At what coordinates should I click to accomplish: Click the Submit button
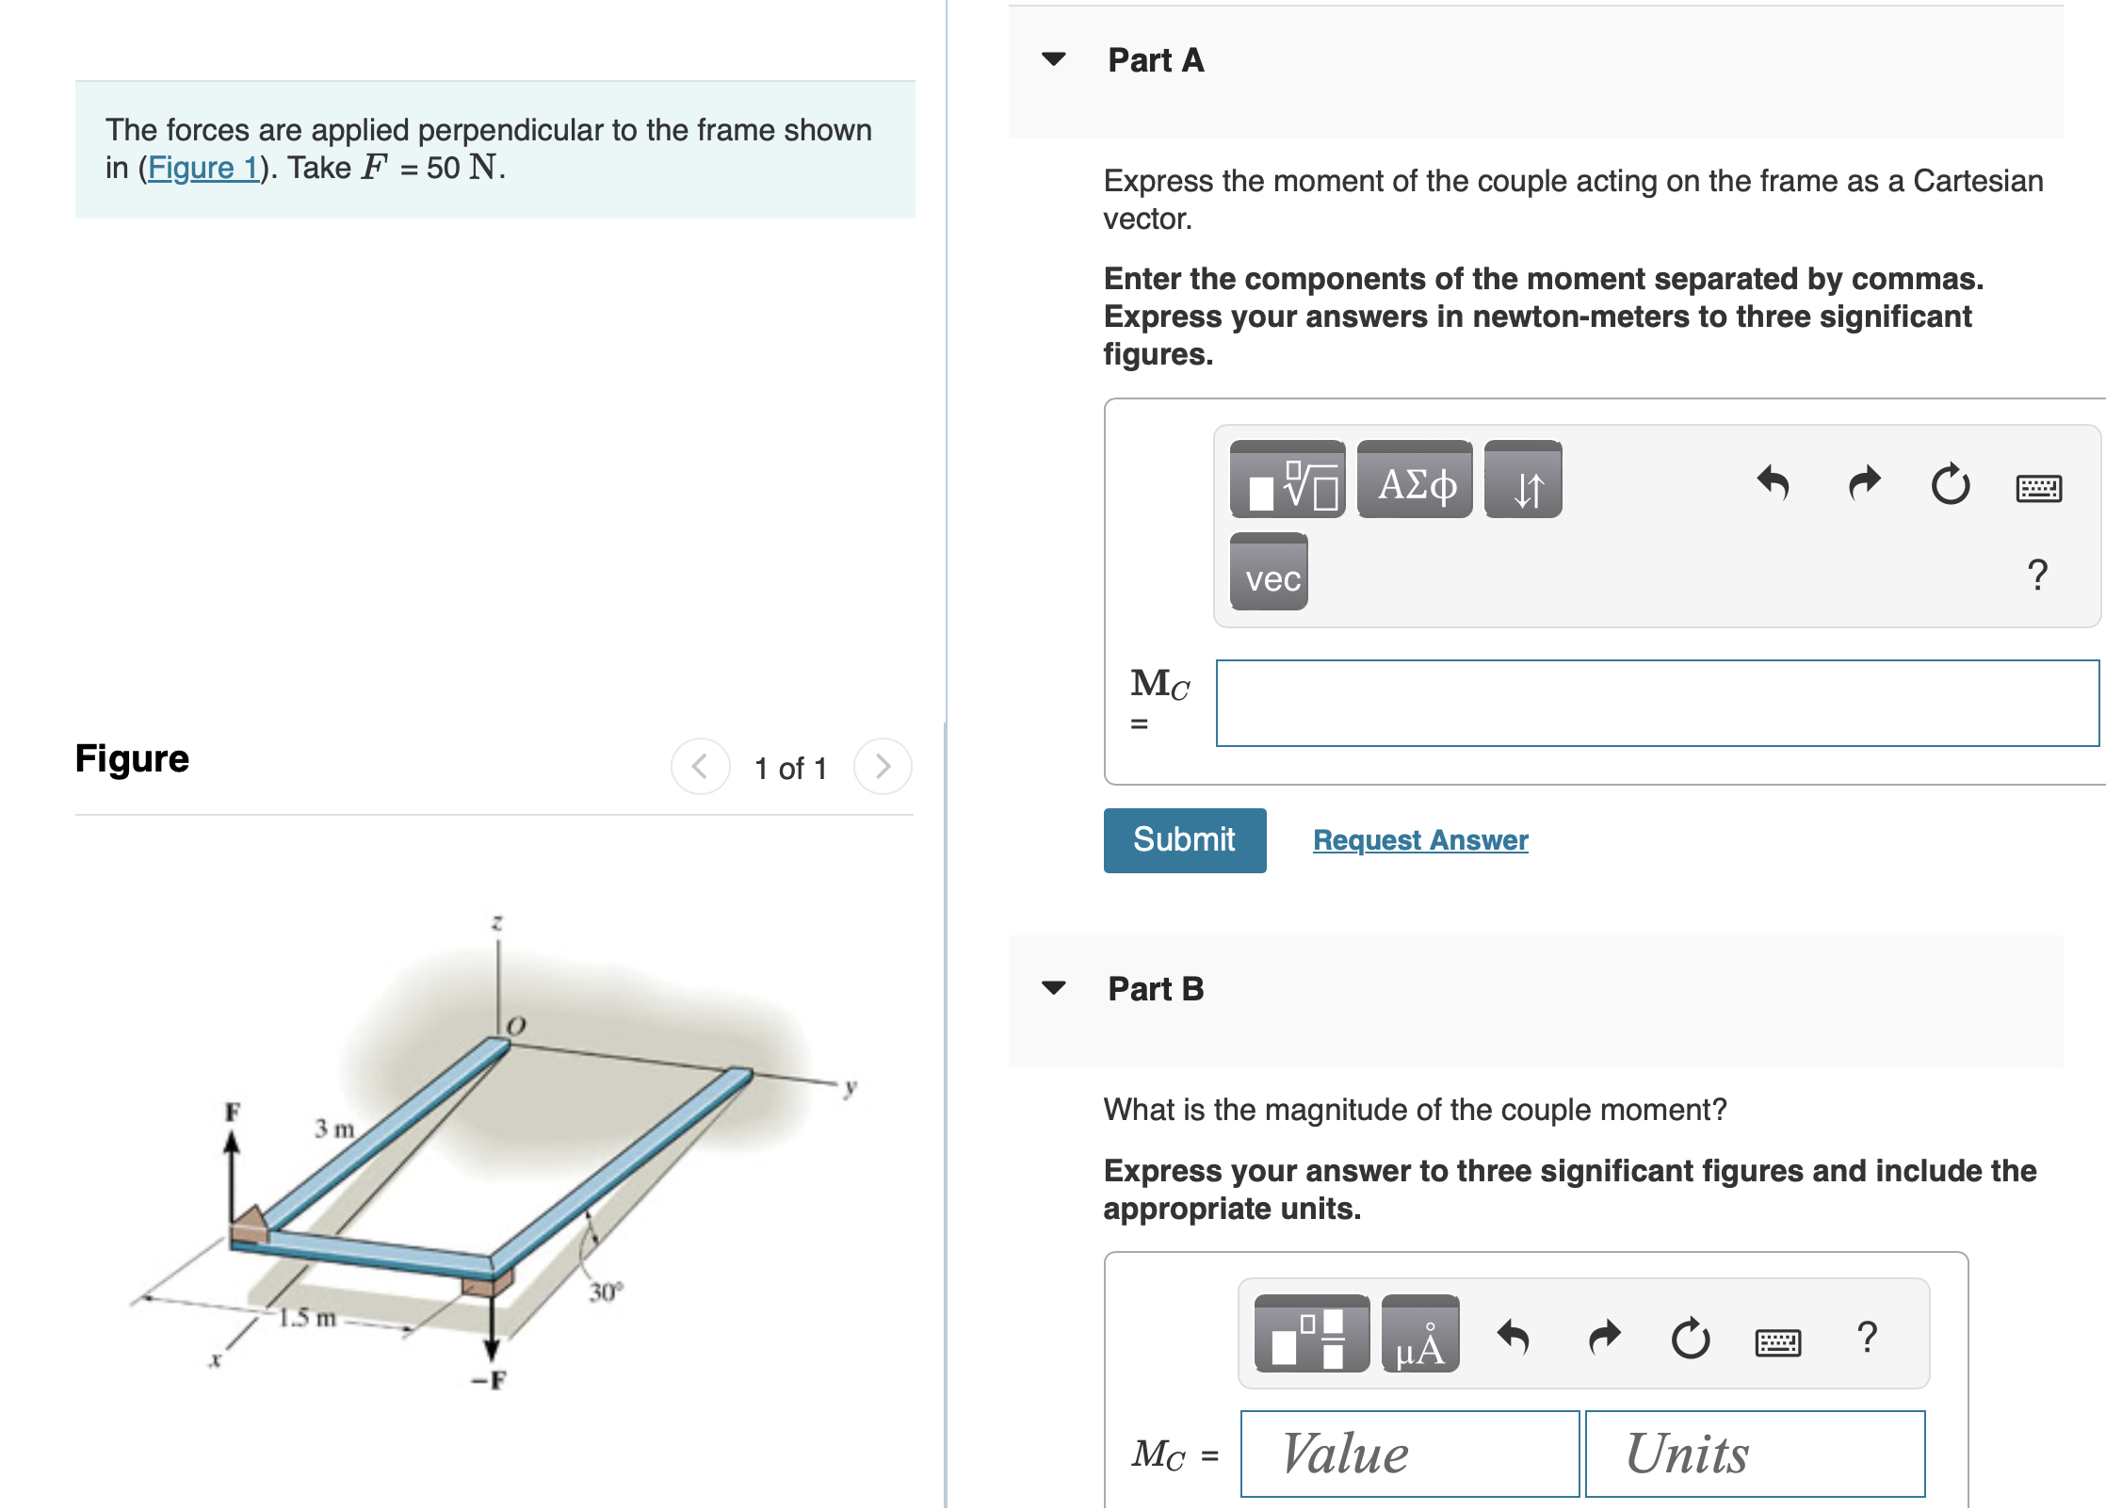1184,839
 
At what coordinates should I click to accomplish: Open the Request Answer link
1419,839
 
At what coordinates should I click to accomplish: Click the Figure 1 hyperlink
203,168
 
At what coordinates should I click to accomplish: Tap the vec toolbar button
1269,573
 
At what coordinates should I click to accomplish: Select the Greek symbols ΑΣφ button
1414,480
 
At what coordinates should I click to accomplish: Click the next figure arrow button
883,767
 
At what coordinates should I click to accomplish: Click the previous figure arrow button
700,767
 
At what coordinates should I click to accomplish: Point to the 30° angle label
606,1292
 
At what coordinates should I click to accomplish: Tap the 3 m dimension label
334,1128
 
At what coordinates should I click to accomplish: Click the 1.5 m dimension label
307,1317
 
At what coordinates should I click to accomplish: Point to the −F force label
489,1381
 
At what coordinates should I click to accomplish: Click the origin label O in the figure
516,1025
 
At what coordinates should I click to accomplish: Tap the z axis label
497,921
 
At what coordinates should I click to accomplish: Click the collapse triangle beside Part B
1054,988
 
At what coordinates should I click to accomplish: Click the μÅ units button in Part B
1419,1334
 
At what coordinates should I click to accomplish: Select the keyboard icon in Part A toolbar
2038,487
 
